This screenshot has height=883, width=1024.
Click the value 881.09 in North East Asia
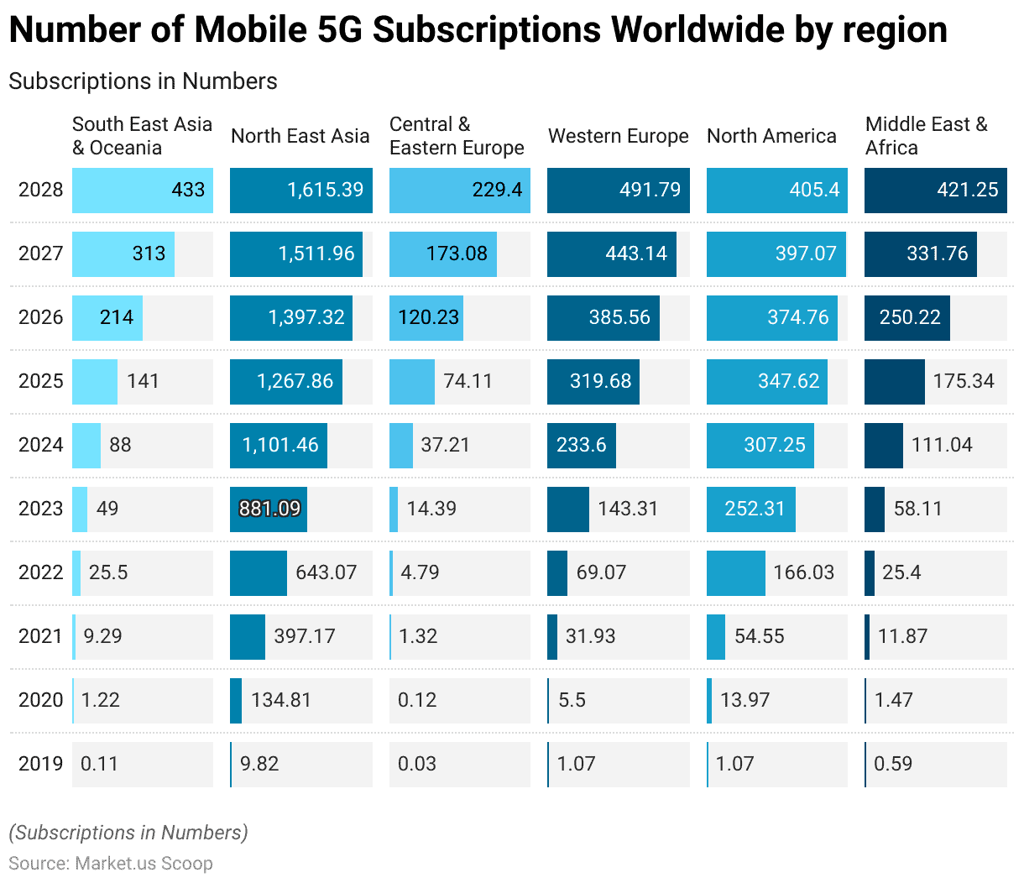tap(269, 509)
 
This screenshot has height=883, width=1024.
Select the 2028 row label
tap(40, 190)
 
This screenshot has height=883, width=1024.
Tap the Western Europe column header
tap(618, 136)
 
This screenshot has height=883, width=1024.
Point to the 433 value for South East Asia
tap(188, 190)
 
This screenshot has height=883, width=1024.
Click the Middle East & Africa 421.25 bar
tap(935, 190)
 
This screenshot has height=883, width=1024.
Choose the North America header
tap(771, 136)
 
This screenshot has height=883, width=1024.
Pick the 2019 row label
tap(40, 764)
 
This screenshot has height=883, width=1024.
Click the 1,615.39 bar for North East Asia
tap(300, 190)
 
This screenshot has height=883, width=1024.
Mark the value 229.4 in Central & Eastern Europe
tap(497, 190)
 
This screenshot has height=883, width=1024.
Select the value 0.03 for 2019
tap(417, 764)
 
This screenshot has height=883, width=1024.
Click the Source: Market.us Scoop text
tap(111, 864)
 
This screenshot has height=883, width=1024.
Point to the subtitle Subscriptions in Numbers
tap(143, 81)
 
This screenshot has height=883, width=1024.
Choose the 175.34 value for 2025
tap(964, 381)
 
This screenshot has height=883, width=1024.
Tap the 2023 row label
tap(40, 509)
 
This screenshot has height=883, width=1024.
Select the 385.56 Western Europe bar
tap(603, 317)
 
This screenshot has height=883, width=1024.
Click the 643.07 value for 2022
tap(326, 572)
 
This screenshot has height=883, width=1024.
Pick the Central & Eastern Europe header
tap(457, 136)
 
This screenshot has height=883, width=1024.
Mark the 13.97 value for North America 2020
tap(744, 700)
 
